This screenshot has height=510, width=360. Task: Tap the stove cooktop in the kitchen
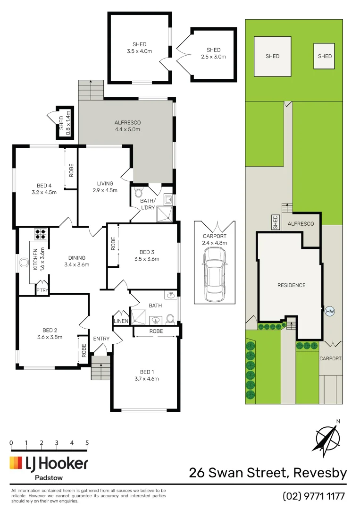pyautogui.click(x=41, y=235)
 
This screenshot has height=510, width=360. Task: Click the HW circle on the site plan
pyautogui.click(x=329, y=311)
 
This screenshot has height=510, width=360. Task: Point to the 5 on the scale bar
pyautogui.click(x=87, y=443)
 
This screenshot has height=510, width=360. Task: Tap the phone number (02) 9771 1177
pyautogui.click(x=314, y=496)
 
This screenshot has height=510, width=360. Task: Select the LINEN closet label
pyautogui.click(x=121, y=321)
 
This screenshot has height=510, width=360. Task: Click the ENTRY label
pyautogui.click(x=101, y=339)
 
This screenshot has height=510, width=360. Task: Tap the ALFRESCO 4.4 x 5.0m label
pyautogui.click(x=127, y=126)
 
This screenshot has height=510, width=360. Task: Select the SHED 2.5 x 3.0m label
pyautogui.click(x=213, y=53)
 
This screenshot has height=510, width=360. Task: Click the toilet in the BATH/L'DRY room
pyautogui.click(x=138, y=193)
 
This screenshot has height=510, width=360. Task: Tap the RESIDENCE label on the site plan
pyautogui.click(x=291, y=285)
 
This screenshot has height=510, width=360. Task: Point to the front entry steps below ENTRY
pyautogui.click(x=100, y=368)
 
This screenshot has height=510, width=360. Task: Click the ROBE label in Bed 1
pyautogui.click(x=156, y=331)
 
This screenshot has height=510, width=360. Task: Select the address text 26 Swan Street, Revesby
pyautogui.click(x=268, y=473)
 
